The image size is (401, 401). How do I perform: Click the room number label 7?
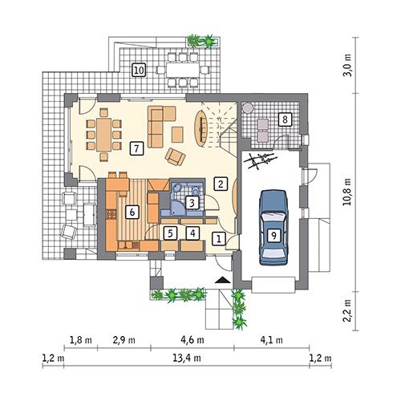point(137,148)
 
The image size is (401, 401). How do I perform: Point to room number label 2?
point(219,184)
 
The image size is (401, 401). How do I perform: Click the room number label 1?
point(218,237)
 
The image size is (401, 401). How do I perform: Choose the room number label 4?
point(192,233)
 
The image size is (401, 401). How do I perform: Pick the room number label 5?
point(170,233)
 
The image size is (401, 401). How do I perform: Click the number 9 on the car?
point(273,235)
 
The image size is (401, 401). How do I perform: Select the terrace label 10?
point(139,71)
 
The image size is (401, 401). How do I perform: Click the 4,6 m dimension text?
point(186,340)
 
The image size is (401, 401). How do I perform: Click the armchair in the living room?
point(175,155)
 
